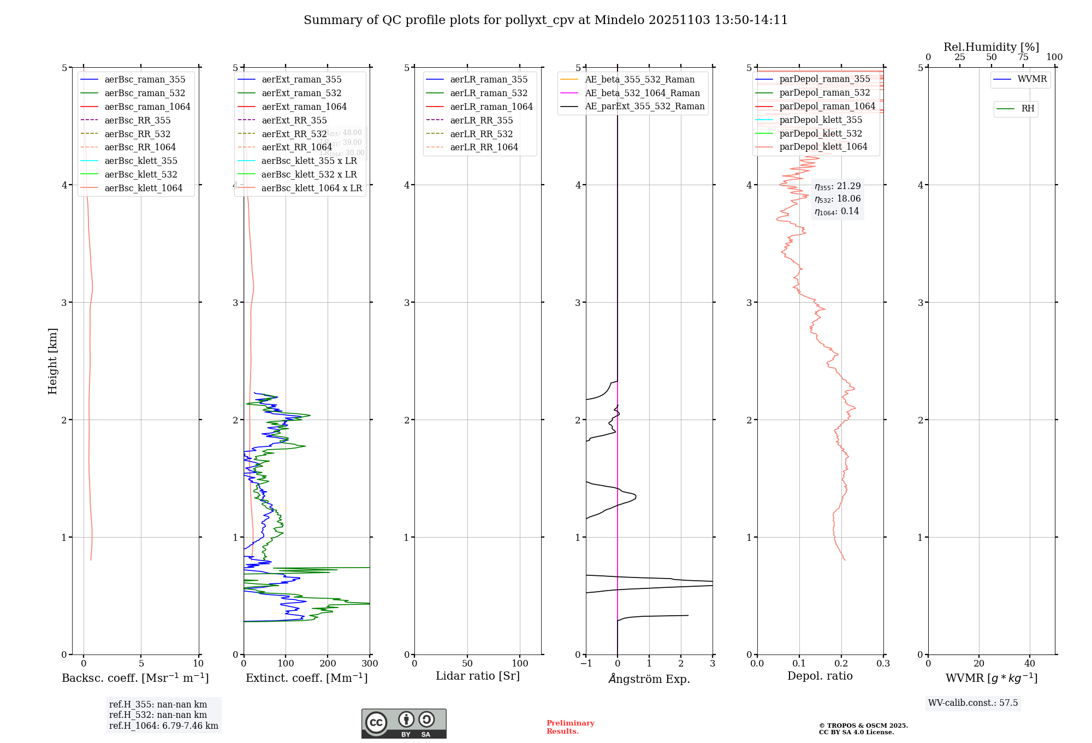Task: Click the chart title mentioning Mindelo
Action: click(545, 20)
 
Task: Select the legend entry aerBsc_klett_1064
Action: click(143, 188)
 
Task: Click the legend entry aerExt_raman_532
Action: click(301, 93)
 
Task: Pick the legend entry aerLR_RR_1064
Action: click(484, 147)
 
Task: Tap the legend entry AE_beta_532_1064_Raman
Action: click(642, 93)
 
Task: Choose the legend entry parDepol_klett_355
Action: click(821, 120)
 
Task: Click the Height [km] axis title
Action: click(52, 361)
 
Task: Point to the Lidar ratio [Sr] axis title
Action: click(478, 676)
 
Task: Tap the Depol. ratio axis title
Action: click(820, 676)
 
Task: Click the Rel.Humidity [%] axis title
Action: click(991, 47)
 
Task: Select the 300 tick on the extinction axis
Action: click(370, 664)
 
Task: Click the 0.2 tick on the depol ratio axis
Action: click(841, 664)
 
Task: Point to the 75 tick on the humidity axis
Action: click(1023, 57)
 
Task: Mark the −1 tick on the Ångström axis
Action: click(586, 664)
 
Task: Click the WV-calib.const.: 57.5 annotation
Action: click(973, 703)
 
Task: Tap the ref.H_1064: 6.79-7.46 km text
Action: click(164, 726)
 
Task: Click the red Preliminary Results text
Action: click(570, 727)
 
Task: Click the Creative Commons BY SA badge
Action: click(403, 723)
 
